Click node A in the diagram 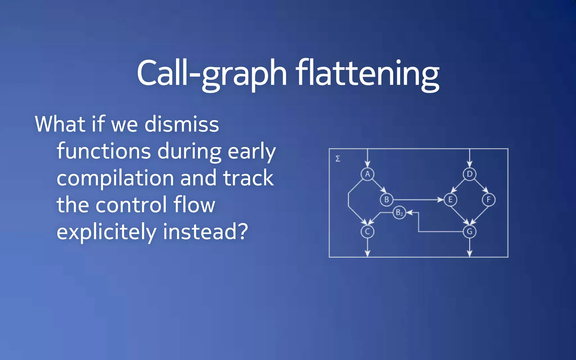[x=367, y=174]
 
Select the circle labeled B [x=386, y=200]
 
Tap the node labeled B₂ [x=399, y=213]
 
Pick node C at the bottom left [x=367, y=232]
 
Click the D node [x=469, y=174]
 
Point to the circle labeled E [x=450, y=200]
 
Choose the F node [x=489, y=200]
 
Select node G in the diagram [x=469, y=232]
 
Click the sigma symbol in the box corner [x=338, y=159]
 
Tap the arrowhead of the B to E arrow [x=441, y=200]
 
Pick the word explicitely [x=106, y=232]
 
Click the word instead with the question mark [x=205, y=231]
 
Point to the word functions [x=103, y=151]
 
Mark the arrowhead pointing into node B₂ [x=409, y=213]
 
